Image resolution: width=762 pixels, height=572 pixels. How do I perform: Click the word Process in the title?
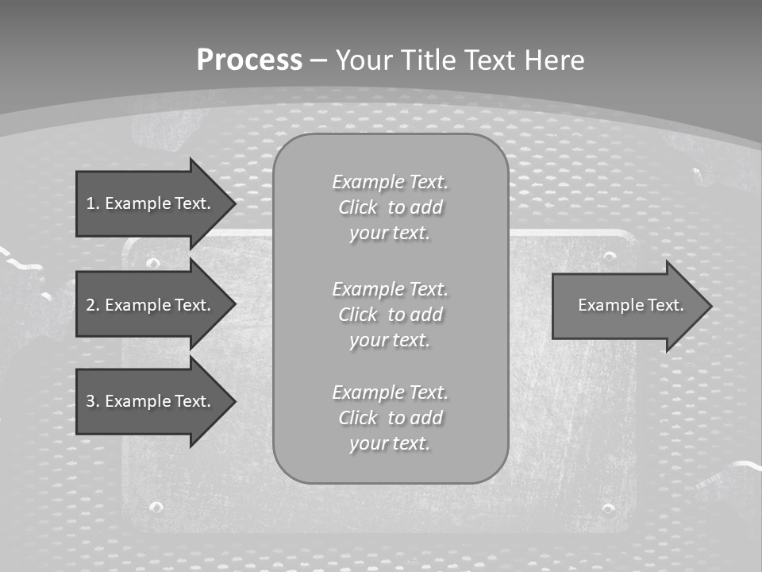click(249, 60)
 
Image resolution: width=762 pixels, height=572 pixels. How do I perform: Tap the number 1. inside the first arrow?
click(93, 203)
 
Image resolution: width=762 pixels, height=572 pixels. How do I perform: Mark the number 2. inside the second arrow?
click(93, 305)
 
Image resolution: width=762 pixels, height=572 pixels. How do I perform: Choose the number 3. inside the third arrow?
click(93, 401)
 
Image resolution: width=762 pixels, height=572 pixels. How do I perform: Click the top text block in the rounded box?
click(390, 207)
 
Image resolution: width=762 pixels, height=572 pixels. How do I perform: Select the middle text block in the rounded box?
click(390, 315)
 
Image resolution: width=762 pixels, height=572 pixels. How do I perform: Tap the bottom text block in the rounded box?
click(390, 418)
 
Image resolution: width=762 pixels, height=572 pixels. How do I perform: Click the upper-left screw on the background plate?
click(154, 263)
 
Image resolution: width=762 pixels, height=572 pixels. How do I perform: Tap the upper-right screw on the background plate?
click(609, 257)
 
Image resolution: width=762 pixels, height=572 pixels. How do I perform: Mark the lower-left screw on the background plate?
click(156, 506)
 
